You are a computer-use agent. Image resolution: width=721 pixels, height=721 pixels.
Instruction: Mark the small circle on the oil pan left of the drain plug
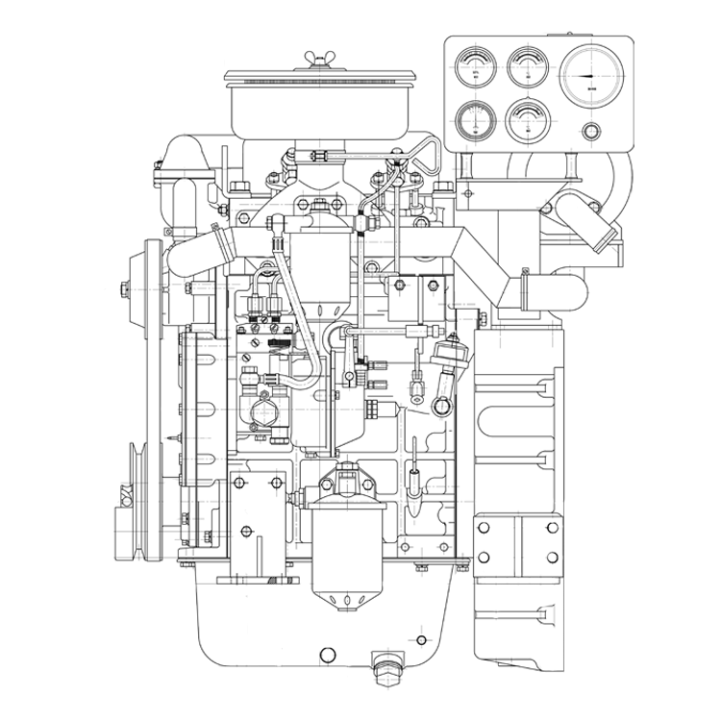328,656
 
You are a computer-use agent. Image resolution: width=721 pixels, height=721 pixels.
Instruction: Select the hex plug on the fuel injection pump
264,413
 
